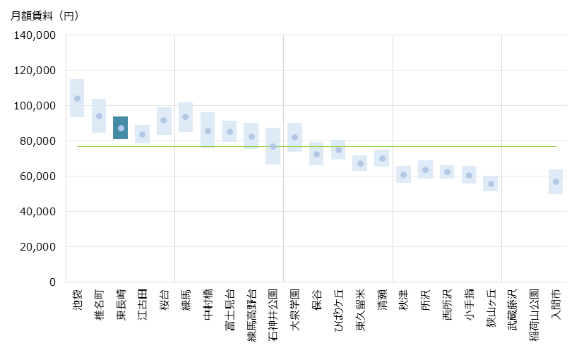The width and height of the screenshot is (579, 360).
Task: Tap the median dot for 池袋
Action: click(x=77, y=98)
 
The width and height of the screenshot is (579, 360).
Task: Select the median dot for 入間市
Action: click(x=556, y=181)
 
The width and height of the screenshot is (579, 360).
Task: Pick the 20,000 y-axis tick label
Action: click(x=39, y=247)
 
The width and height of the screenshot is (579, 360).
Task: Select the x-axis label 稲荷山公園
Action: click(x=535, y=313)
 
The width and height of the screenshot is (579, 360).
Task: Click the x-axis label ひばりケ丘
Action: click(x=339, y=311)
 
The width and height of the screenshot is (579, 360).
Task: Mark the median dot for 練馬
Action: click(x=185, y=116)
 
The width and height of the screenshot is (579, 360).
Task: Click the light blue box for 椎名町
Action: click(x=99, y=116)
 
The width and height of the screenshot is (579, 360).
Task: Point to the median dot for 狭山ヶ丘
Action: click(x=490, y=184)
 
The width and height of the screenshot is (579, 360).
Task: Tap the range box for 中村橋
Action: click(x=208, y=131)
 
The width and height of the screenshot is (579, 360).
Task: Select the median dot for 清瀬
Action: click(x=382, y=158)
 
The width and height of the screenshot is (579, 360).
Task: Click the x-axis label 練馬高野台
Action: click(x=251, y=313)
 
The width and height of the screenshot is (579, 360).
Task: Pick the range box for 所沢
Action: click(x=425, y=169)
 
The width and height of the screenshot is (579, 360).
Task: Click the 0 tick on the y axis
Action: click(x=52, y=282)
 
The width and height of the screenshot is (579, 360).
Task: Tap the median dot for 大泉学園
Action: click(x=294, y=137)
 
